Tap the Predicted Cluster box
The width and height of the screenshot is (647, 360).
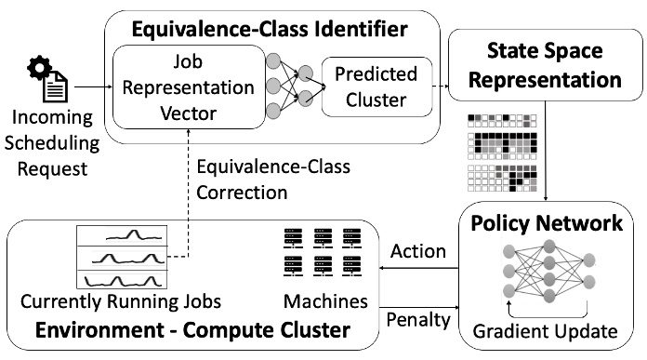coord(376,87)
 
